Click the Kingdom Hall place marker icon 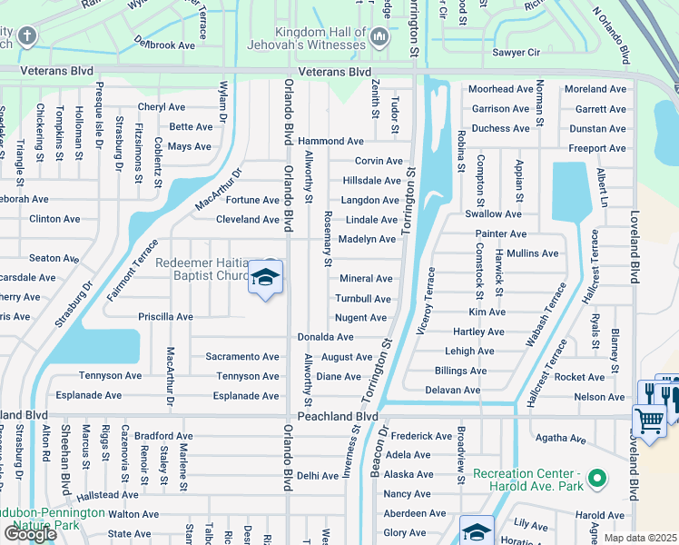[379, 36]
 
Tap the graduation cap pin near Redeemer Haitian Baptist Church [266, 278]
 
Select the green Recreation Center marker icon [596, 478]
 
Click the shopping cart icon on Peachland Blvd [649, 421]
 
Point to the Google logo [29, 534]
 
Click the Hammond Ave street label [331, 142]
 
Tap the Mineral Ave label [366, 279]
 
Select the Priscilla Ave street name [165, 317]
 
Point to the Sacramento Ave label [242, 357]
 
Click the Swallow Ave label [493, 214]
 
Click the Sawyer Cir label [515, 53]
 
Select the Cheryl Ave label [162, 107]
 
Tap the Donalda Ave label [326, 337]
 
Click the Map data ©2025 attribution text [641, 538]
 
